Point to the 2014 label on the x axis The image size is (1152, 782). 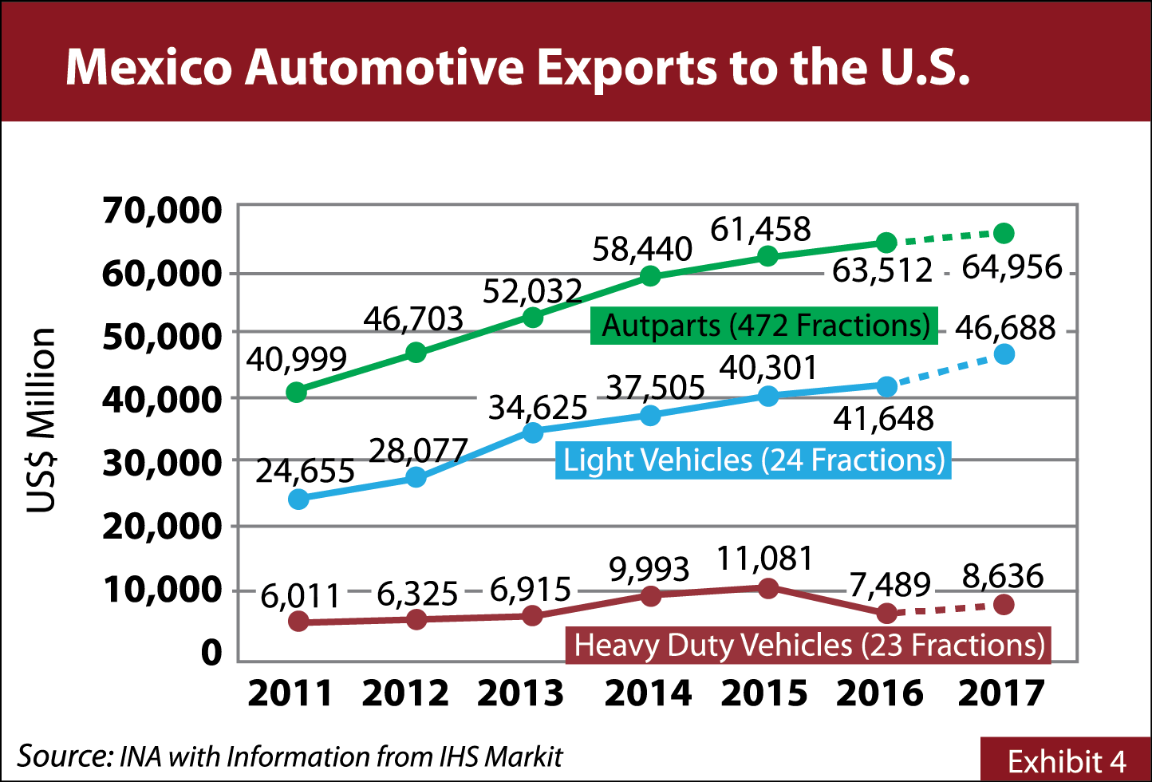[x=648, y=693]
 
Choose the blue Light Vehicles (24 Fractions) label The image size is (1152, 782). [x=753, y=460]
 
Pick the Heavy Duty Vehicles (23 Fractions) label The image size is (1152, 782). [x=808, y=645]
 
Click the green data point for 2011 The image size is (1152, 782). [x=297, y=392]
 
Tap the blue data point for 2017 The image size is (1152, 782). [x=1004, y=354]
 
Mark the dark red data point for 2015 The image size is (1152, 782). [x=767, y=588]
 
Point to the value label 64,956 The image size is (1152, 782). [x=1012, y=267]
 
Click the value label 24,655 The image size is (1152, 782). [x=305, y=472]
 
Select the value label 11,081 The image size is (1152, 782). [x=764, y=559]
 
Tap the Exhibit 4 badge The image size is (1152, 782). [x=1066, y=760]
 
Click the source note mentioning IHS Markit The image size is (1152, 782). [x=290, y=756]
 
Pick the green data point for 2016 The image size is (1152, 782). [x=886, y=243]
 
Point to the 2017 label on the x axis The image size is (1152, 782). [x=1000, y=693]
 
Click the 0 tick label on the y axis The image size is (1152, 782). [x=211, y=653]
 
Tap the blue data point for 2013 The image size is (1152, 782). [x=533, y=432]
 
